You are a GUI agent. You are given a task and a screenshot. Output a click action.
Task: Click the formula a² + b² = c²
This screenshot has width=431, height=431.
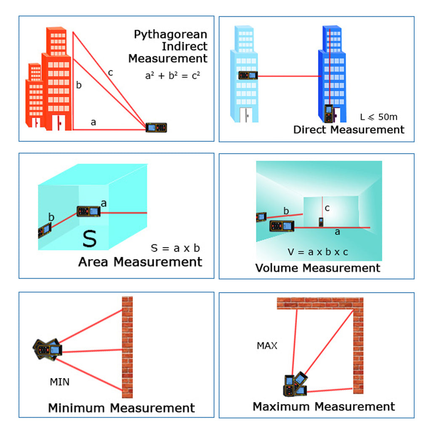click(x=173, y=76)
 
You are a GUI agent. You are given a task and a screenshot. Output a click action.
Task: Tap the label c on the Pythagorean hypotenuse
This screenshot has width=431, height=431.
click(x=110, y=73)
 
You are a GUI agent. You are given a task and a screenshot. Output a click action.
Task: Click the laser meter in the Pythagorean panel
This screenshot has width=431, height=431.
click(x=156, y=127)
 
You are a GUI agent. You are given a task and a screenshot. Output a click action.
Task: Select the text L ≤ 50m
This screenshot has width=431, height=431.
click(x=378, y=117)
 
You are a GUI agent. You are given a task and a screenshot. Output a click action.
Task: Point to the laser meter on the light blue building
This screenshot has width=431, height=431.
click(x=247, y=76)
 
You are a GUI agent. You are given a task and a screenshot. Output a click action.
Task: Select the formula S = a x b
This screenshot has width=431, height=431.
click(x=175, y=248)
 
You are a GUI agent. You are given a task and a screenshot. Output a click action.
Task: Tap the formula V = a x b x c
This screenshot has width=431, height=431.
click(x=318, y=252)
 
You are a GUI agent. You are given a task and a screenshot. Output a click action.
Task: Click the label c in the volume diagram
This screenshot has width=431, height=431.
click(x=327, y=208)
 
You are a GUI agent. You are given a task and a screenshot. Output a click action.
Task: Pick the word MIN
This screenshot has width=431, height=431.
click(x=60, y=382)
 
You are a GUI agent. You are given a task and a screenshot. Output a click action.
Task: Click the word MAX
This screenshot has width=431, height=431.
click(x=267, y=346)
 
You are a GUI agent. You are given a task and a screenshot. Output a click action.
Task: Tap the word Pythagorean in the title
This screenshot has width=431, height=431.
click(x=170, y=35)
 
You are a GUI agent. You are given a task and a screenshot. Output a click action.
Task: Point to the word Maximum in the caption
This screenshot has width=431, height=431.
click(x=281, y=406)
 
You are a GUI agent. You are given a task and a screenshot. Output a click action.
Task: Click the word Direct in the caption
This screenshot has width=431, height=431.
click(x=310, y=130)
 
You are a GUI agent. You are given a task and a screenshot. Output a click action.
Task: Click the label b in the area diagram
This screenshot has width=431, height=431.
click(x=51, y=218)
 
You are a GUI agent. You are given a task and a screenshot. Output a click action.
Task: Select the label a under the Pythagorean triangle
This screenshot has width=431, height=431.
click(x=93, y=122)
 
